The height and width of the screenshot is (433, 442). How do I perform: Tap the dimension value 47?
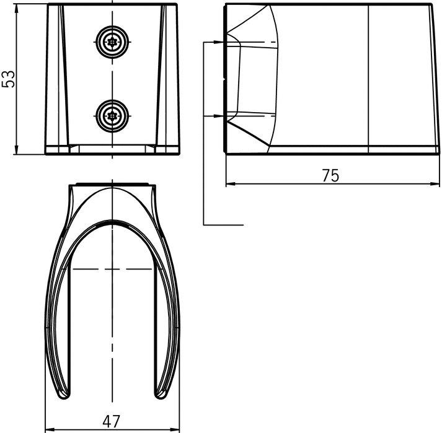(x=112, y=421)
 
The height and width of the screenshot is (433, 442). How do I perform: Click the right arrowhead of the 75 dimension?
(x=431, y=184)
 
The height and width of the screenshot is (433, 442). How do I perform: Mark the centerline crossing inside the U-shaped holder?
(x=112, y=269)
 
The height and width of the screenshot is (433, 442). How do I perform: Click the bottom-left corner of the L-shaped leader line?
(x=205, y=224)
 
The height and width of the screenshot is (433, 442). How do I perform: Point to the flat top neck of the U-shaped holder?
(x=112, y=183)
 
